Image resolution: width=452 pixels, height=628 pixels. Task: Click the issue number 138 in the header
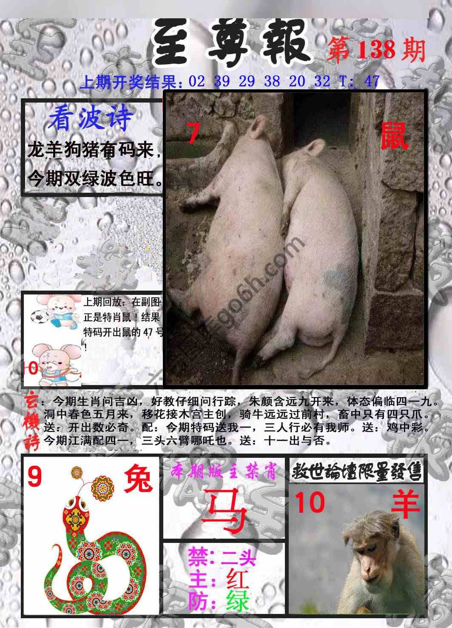point(375,50)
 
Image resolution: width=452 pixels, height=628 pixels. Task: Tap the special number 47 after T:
point(371,81)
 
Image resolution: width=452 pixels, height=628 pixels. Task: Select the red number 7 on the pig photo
point(193,134)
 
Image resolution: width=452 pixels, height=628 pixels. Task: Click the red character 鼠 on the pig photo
point(394,135)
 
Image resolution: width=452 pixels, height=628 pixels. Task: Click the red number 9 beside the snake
point(35,477)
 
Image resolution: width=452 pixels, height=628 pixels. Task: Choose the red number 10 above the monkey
point(310,502)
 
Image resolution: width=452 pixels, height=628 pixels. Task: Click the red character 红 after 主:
point(237,579)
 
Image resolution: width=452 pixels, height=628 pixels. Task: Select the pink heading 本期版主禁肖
point(224,472)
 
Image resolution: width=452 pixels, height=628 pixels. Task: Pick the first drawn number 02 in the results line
point(196,81)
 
